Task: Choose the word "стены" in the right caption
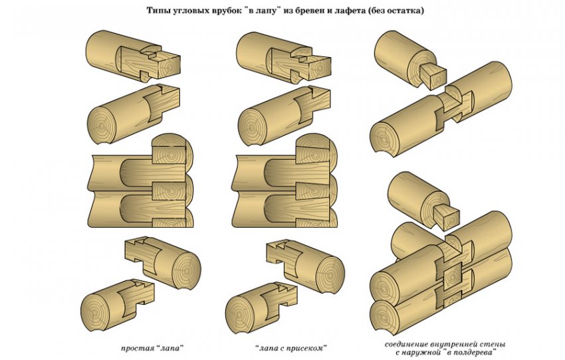click(493, 344)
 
